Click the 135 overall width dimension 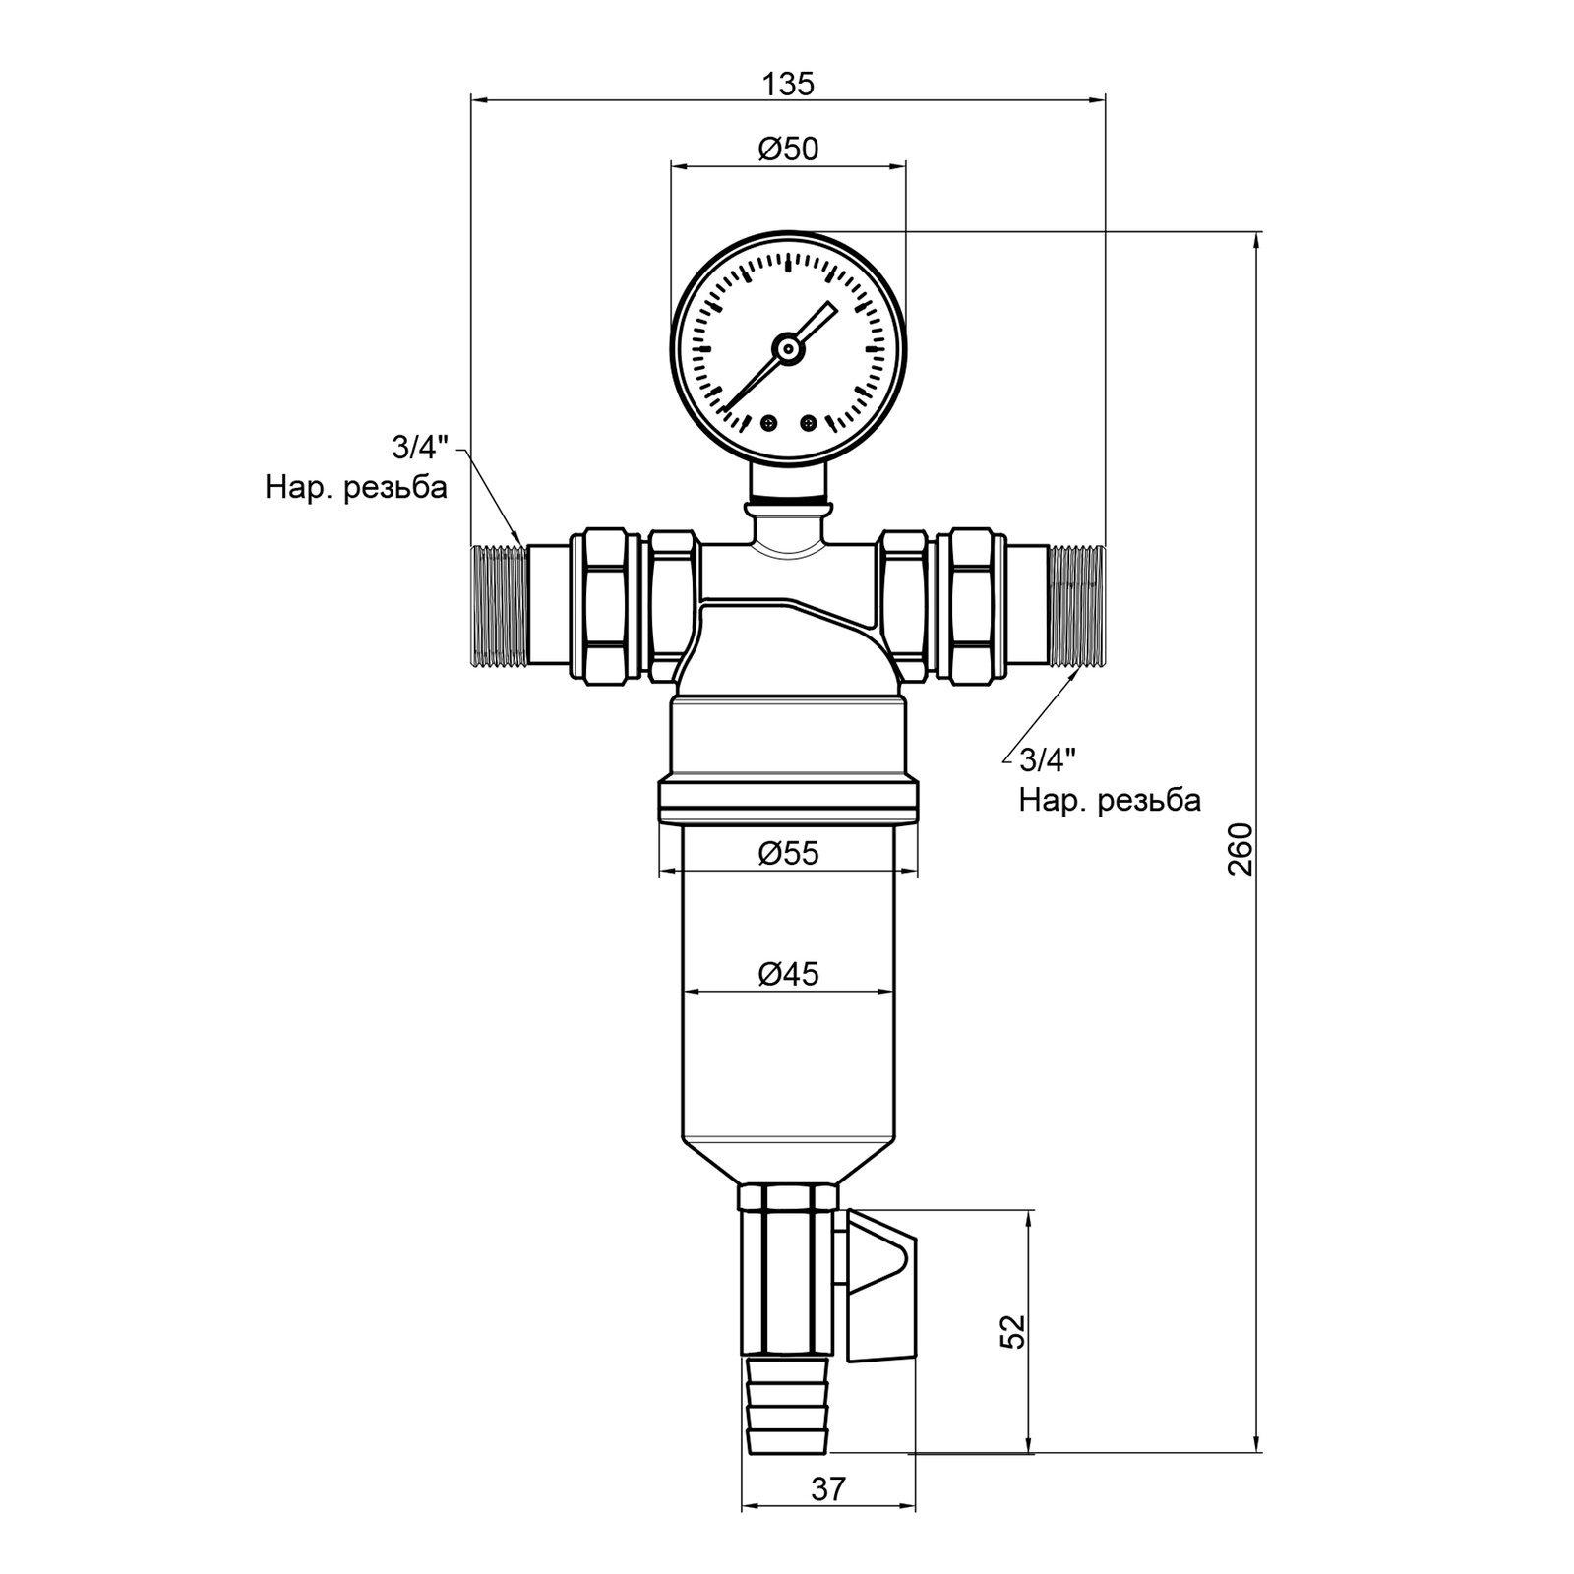788,85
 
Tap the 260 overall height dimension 1241,849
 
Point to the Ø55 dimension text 788,853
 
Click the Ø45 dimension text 788,974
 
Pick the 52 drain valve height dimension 1013,1331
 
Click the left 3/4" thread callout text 419,448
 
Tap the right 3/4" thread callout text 1048,759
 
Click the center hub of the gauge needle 787,346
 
